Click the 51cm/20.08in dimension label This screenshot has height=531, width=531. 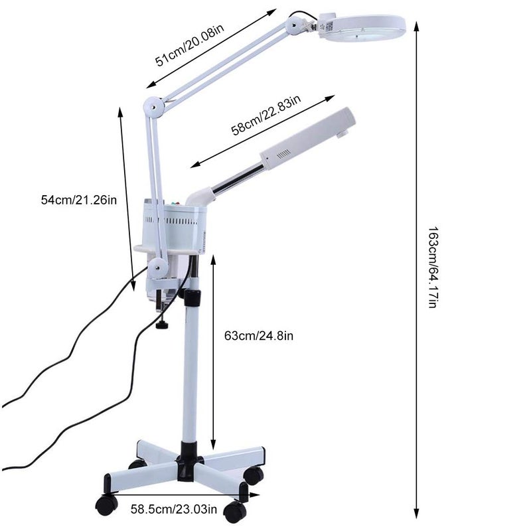pyautogui.click(x=190, y=45)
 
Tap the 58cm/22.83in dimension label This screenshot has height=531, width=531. pyautogui.click(x=266, y=114)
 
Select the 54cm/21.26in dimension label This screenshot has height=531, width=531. pyautogui.click(x=79, y=200)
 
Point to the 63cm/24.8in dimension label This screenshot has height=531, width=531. pyautogui.click(x=259, y=336)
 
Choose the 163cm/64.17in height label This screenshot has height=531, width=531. pyautogui.click(x=434, y=267)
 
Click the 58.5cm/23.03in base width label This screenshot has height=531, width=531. pyautogui.click(x=174, y=509)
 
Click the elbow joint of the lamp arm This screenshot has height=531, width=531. pyautogui.click(x=153, y=107)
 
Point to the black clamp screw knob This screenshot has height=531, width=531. pyautogui.click(x=162, y=325)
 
